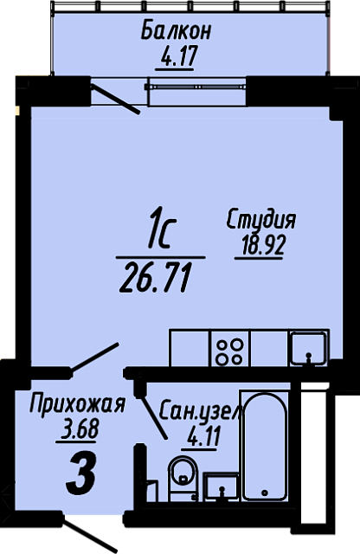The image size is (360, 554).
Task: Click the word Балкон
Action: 176,31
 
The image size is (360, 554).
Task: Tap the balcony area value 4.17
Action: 175,56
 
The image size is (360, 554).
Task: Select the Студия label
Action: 261,221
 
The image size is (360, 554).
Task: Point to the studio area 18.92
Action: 263,246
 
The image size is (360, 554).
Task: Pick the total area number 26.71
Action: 153,279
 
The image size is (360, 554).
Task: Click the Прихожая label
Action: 77,405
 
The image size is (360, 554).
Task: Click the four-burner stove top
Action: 230,348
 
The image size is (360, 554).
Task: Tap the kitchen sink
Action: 308,348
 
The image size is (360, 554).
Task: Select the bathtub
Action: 265,445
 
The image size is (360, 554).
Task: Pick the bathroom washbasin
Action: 221,486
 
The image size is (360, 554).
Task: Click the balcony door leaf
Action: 115,100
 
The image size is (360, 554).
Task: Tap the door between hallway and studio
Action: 94,358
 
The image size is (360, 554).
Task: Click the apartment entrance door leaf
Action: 91,535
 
